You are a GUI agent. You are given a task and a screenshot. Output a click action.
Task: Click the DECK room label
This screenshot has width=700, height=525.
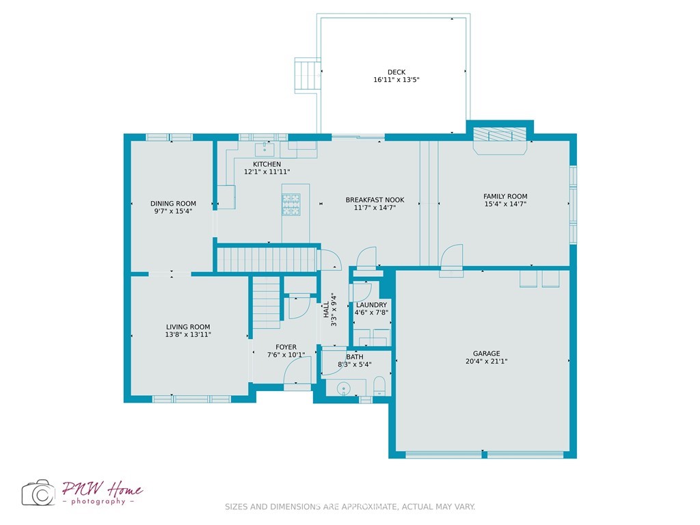[396, 72]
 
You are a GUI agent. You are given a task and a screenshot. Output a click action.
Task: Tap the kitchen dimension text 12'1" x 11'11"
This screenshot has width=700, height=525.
[267, 172]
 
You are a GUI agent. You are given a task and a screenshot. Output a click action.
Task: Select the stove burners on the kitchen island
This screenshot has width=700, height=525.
[291, 204]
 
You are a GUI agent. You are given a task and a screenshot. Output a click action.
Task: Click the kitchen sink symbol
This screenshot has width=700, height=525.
[265, 148]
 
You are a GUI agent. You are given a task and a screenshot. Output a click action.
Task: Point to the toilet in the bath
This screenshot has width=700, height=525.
[379, 386]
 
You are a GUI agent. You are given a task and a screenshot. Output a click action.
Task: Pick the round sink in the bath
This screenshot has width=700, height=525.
[344, 389]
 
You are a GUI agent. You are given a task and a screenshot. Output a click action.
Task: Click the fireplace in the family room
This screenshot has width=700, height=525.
[500, 141]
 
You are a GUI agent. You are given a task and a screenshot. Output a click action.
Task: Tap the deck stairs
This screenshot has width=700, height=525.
[308, 75]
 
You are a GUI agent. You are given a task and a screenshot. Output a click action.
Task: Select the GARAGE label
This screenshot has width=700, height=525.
[487, 353]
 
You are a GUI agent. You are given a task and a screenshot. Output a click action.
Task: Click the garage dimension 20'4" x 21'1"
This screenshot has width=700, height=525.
[487, 362]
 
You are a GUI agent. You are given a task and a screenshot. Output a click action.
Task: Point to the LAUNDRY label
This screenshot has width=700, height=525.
[371, 305]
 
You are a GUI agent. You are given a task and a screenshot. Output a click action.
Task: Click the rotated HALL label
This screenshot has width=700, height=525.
[326, 310]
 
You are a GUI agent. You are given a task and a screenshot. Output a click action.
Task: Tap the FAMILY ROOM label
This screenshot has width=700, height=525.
[505, 196]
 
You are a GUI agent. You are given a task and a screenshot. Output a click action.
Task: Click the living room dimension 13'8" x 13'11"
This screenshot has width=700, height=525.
[188, 334]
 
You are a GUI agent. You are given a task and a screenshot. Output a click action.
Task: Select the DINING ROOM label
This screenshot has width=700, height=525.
[173, 204]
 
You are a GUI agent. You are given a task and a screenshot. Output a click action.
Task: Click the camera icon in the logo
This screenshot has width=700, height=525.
[38, 493]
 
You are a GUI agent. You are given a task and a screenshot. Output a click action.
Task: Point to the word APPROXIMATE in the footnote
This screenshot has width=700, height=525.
[369, 507]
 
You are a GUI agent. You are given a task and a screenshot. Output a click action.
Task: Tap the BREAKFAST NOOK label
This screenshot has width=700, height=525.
[375, 200]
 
